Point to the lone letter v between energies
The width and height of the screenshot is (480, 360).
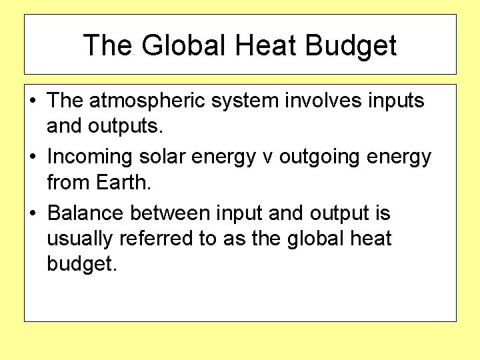[268, 158]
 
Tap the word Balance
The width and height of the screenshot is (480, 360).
[86, 213]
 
